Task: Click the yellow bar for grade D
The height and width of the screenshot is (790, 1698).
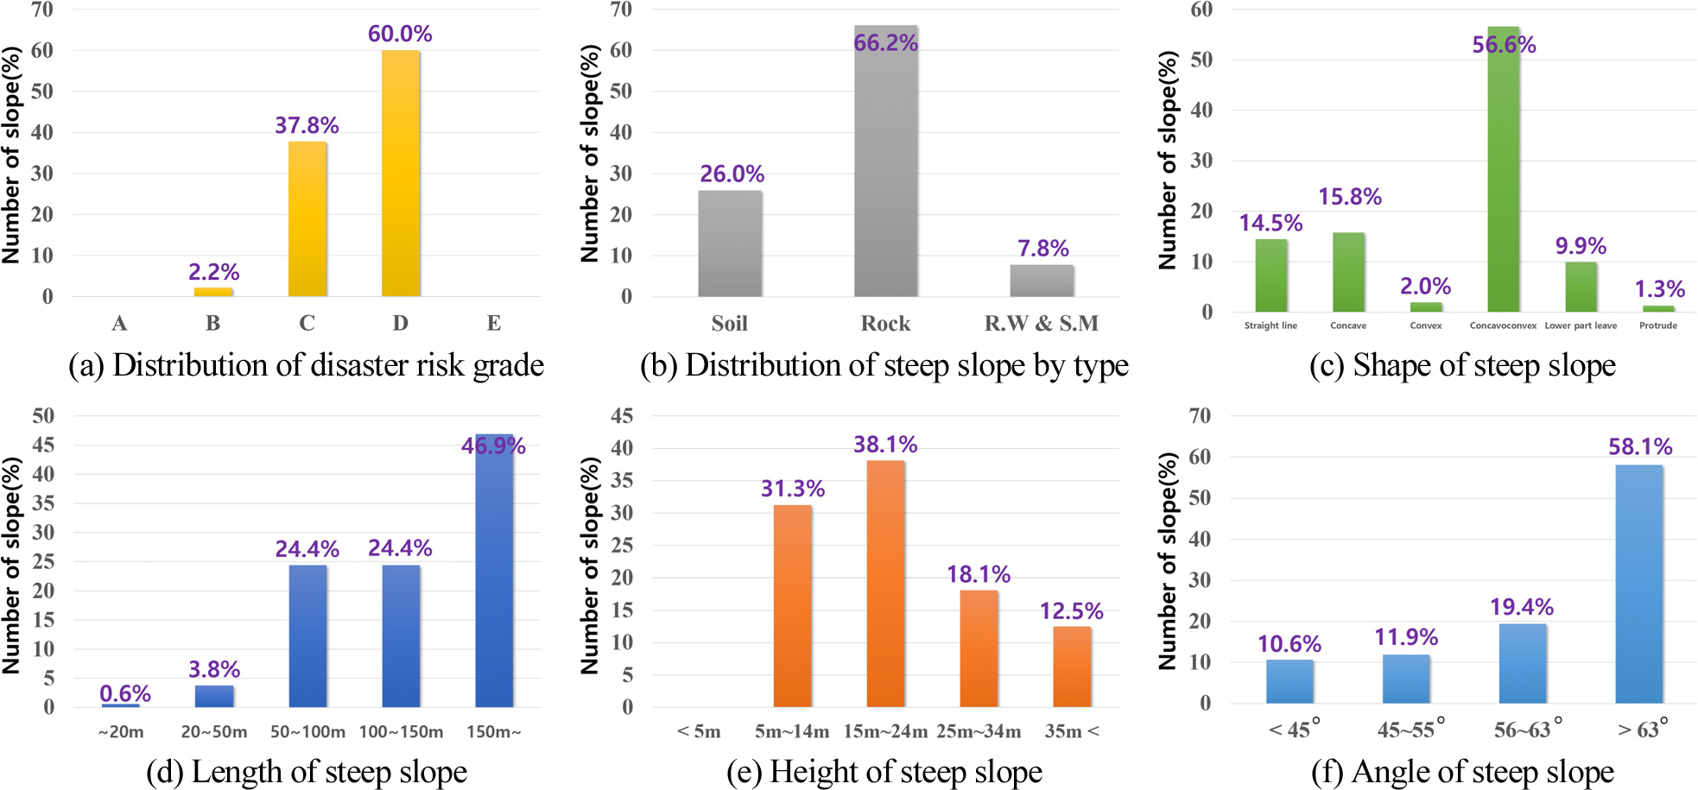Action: coord(401,174)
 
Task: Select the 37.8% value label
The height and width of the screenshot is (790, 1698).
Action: coord(307,125)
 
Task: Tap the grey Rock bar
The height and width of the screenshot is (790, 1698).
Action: coord(886,161)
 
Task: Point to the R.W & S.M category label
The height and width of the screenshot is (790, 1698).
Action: coord(1042,323)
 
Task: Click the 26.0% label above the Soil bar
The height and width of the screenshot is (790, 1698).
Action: coord(732,174)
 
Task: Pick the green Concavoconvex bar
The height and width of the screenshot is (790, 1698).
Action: coord(1503,169)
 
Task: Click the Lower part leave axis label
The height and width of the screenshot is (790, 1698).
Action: coord(1581,325)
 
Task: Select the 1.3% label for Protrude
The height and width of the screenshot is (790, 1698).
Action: coord(1659,288)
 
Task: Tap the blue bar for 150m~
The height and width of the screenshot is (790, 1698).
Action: coord(494,571)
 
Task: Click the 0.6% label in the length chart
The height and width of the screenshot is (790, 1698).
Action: coord(125,693)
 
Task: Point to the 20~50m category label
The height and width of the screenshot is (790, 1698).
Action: coord(214,732)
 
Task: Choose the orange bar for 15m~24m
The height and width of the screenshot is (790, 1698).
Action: coord(886,584)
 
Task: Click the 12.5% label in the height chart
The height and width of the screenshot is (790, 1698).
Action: coord(1071,611)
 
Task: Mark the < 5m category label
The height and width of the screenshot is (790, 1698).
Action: coord(699,731)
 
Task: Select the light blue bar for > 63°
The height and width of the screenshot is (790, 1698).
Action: coord(1638,585)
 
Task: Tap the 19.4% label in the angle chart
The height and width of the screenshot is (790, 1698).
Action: coord(1522,607)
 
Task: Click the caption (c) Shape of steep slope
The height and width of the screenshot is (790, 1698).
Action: coord(1462,365)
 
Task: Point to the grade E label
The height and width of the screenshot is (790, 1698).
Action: coord(494,323)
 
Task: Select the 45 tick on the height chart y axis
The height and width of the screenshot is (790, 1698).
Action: coord(622,415)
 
